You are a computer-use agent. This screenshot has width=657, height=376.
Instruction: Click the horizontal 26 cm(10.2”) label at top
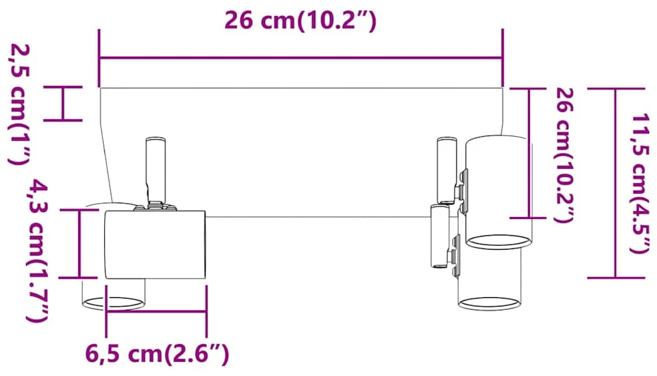pos(300,20)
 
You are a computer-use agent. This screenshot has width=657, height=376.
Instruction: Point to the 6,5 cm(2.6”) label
pos(157,354)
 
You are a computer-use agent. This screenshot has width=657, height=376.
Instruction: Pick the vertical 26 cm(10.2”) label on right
pos(564,155)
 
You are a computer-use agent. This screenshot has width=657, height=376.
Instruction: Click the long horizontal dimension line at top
pos(301,58)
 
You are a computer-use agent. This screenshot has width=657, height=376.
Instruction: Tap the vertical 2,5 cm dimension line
pos(63,104)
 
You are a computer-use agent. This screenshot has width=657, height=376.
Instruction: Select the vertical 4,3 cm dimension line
pos(79,244)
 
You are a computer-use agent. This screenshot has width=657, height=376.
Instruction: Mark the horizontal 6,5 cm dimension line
pos(156,311)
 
